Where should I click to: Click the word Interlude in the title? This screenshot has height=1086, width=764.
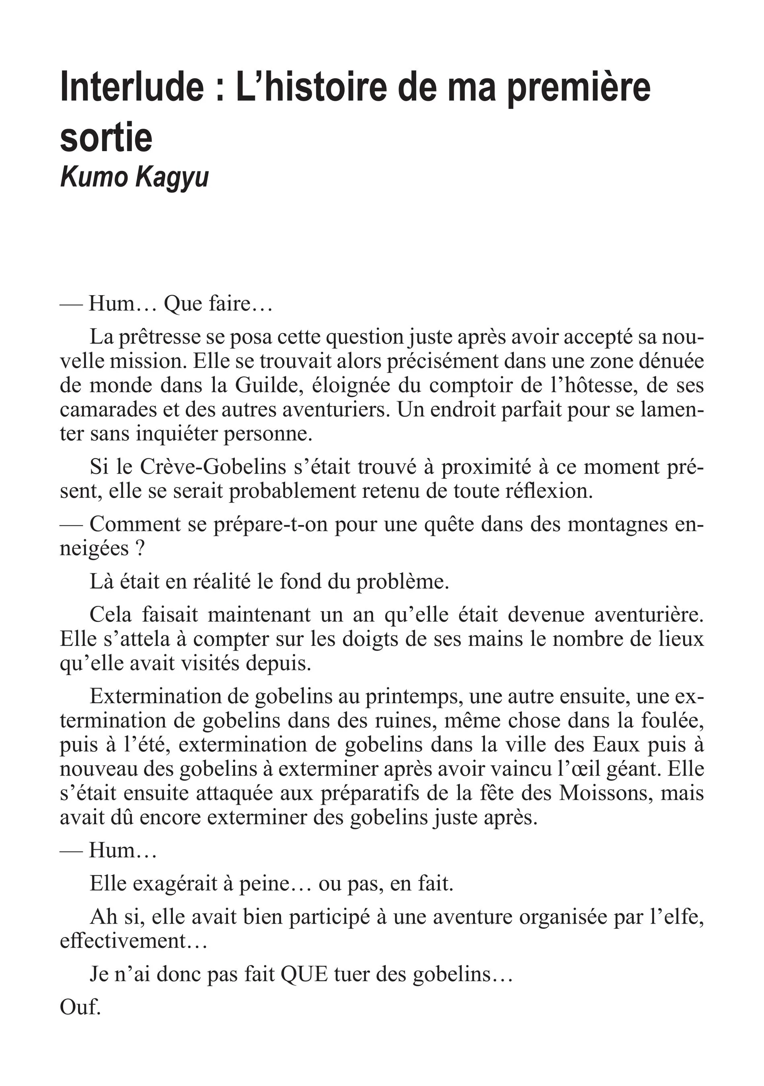131,86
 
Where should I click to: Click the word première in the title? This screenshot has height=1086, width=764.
579,86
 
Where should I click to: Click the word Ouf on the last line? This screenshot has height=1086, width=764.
80,1007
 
